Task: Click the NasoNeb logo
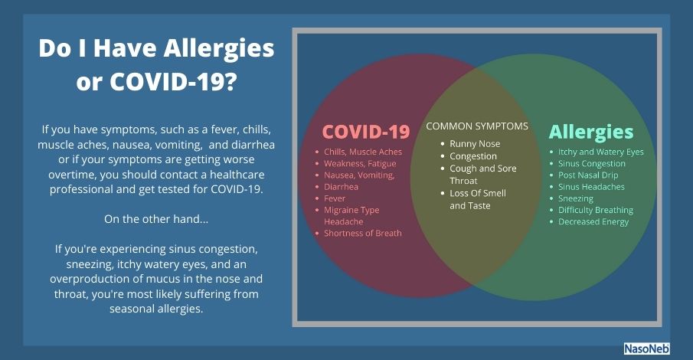(x=646, y=349)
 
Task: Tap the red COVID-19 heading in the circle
(x=366, y=132)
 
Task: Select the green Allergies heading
(x=591, y=132)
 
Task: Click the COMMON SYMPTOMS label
(x=477, y=126)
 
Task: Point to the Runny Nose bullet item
(x=475, y=144)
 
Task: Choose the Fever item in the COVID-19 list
(x=335, y=198)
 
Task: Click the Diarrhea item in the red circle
(x=341, y=187)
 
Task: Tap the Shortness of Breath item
(x=363, y=233)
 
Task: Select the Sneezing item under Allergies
(x=575, y=198)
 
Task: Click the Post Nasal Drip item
(x=588, y=175)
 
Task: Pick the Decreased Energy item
(x=593, y=222)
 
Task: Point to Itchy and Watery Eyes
(x=600, y=152)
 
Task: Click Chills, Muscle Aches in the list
(x=363, y=152)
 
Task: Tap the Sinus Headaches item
(x=591, y=187)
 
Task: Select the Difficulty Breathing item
(x=595, y=210)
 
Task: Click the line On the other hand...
(x=156, y=219)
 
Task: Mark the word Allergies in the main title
(x=219, y=49)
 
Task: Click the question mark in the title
(x=230, y=81)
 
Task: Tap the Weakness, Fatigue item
(x=360, y=164)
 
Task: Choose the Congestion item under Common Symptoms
(x=473, y=156)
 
